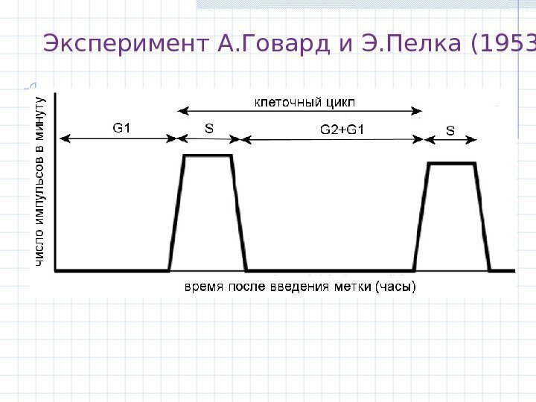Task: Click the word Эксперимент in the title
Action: coord(127,45)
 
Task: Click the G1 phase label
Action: coord(121,128)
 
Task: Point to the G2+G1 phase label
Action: coord(342,130)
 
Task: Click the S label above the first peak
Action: coord(209,128)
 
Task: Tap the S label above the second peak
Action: coord(450,130)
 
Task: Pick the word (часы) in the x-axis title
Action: coord(395,286)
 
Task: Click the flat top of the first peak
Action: coord(208,156)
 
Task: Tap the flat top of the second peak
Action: coord(451,164)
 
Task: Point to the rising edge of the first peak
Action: coord(177,212)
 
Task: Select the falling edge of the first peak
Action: coord(238,212)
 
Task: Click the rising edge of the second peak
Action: coord(421,216)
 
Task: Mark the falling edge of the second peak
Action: coord(482,216)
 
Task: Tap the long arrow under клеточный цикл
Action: coord(301,112)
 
